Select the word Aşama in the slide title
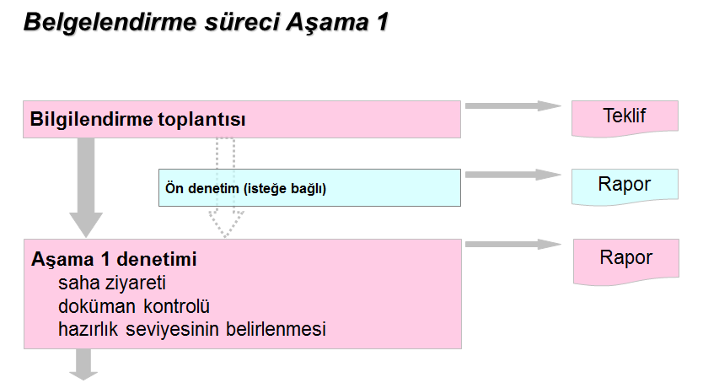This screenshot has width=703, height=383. [x=317, y=23]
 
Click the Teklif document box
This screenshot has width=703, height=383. [x=625, y=117]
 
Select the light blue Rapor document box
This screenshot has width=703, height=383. [x=625, y=186]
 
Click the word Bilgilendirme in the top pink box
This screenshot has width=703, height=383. [x=91, y=120]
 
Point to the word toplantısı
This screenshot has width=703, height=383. [x=201, y=120]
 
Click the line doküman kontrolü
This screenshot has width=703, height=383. [x=134, y=305]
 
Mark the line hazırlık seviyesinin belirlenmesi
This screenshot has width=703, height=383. [x=192, y=329]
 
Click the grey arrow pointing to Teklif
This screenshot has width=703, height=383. [x=513, y=105]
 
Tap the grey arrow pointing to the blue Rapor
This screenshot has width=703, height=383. [x=513, y=175]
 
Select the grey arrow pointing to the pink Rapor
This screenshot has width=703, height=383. [x=513, y=244]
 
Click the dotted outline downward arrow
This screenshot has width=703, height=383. [x=226, y=187]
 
